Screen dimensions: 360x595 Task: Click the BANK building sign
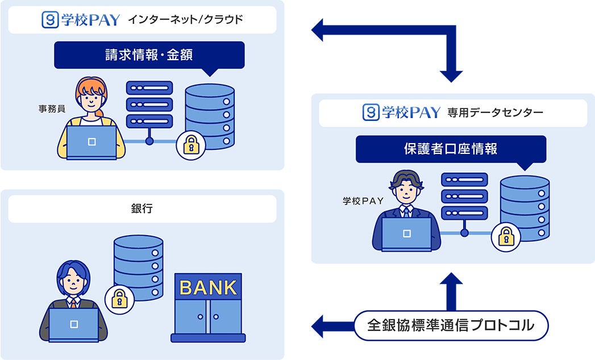coord(208,287)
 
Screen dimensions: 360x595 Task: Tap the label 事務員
coord(50,107)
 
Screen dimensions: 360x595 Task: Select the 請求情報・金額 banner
coord(149,55)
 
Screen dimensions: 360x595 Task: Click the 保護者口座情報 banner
coord(451,149)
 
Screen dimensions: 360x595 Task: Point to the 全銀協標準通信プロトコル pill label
coord(451,325)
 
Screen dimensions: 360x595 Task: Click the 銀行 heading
coord(142,208)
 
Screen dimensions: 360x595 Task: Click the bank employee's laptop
coord(73,325)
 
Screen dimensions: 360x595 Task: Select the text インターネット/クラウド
coord(185,20)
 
